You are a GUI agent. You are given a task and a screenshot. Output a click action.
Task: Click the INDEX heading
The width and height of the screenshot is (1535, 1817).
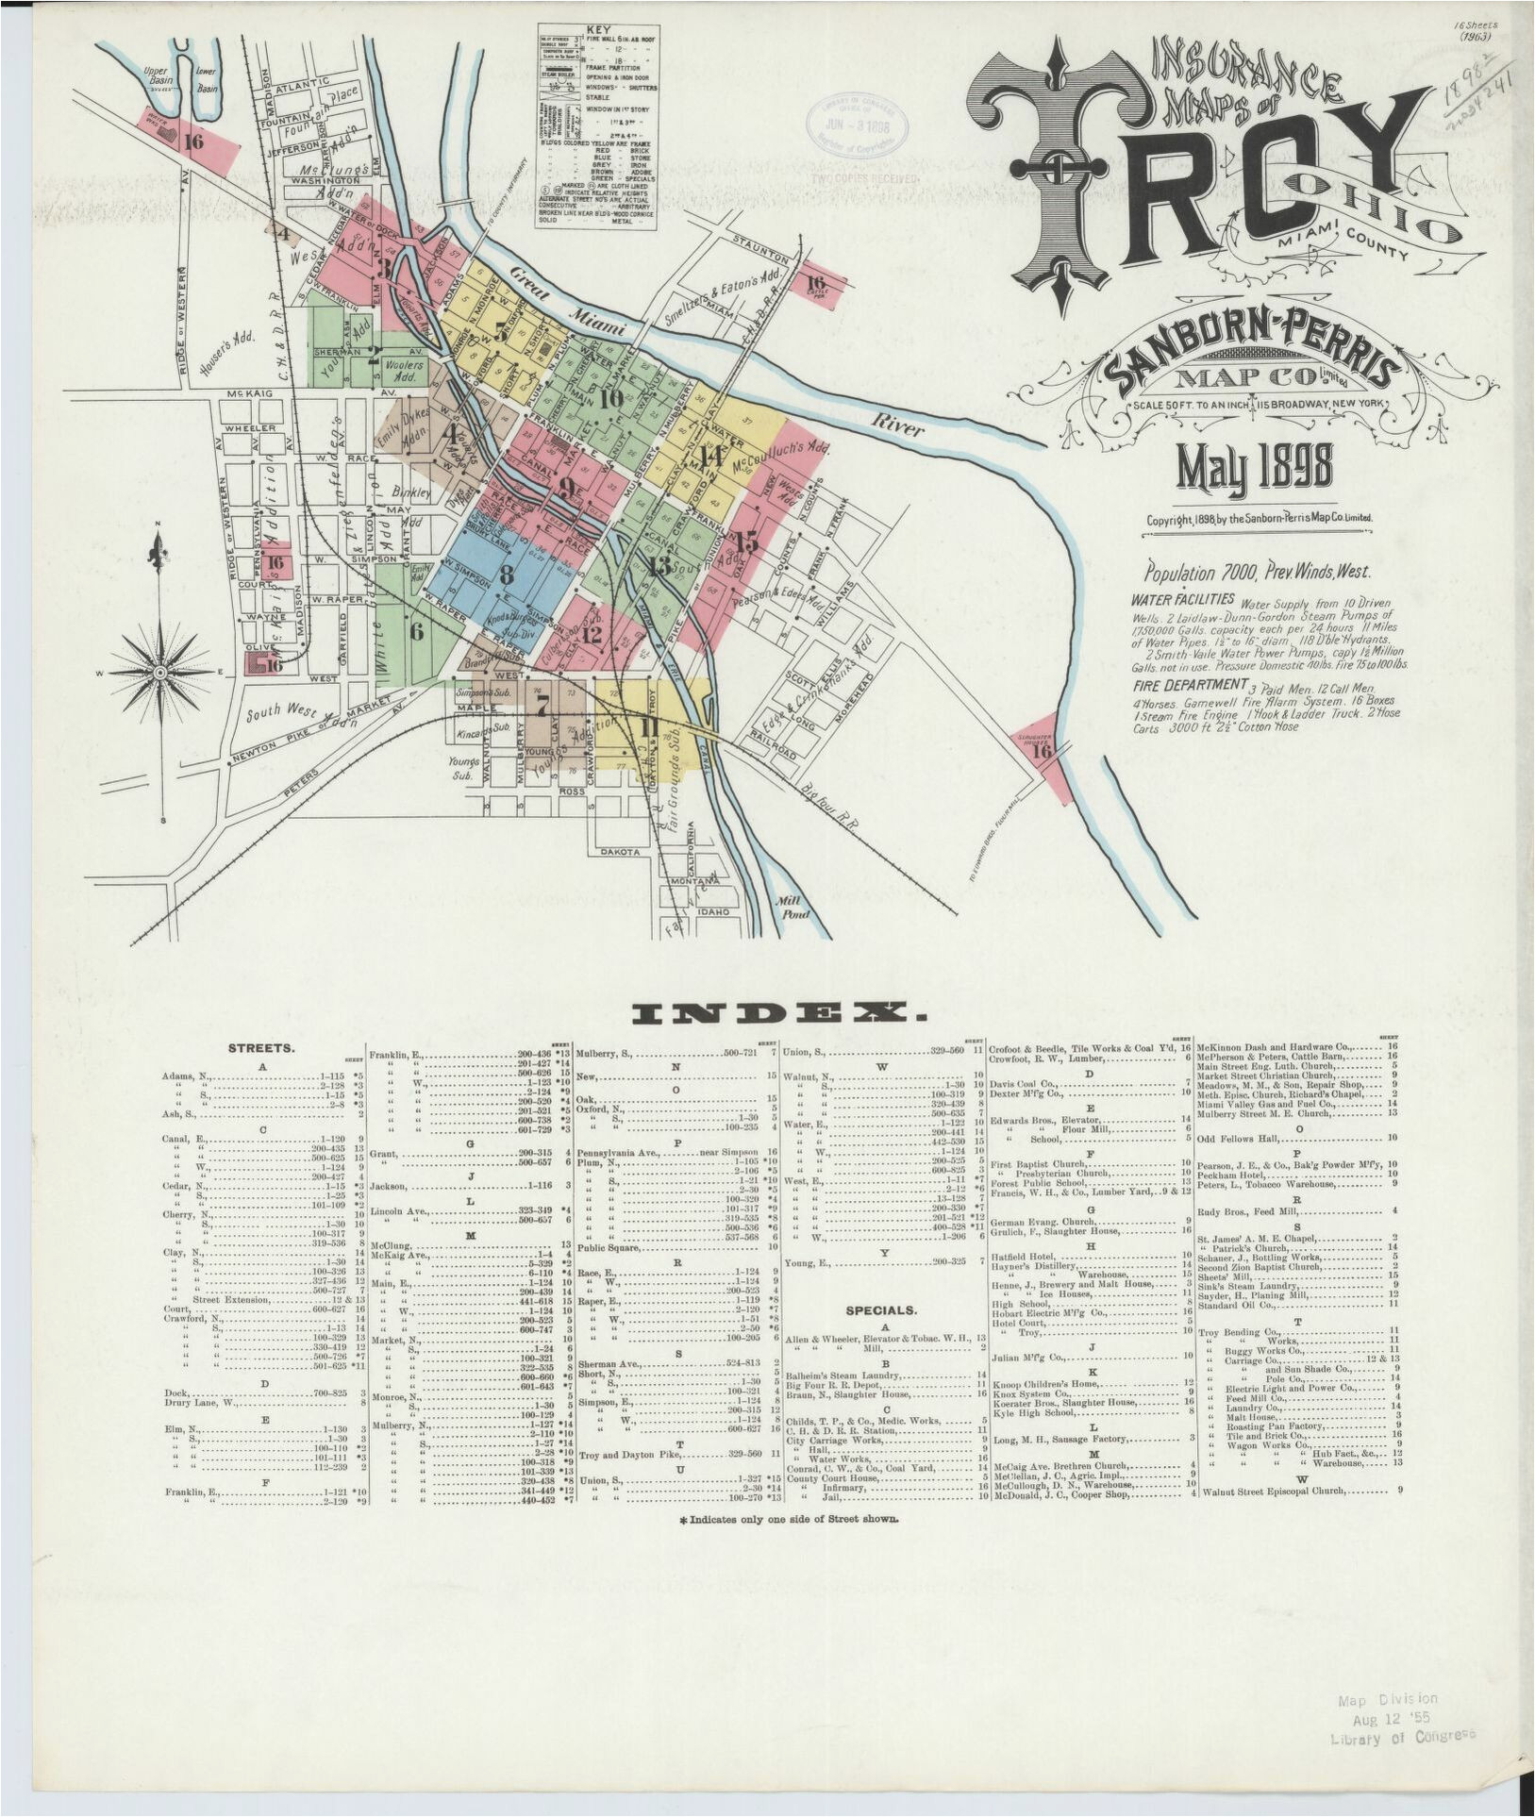[x=777, y=1014]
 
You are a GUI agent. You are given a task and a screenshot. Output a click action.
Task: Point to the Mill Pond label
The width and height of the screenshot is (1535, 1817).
[x=788, y=907]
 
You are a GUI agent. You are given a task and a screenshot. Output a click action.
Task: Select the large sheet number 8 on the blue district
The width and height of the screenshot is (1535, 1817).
[x=507, y=574]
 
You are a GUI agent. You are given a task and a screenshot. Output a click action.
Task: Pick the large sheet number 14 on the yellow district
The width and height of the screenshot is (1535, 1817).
[x=710, y=458]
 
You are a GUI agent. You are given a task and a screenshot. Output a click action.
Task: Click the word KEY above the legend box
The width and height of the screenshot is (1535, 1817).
[x=598, y=29]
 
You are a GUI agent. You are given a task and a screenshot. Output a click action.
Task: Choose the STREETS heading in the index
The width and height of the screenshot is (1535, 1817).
[x=261, y=1048]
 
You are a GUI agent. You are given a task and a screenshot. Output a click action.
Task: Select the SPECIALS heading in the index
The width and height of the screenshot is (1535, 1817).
[x=880, y=1310]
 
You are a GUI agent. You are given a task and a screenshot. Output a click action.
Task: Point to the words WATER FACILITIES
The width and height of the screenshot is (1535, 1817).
[x=1183, y=599]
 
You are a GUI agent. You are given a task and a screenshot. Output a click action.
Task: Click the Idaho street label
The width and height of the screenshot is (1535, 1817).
[x=712, y=912]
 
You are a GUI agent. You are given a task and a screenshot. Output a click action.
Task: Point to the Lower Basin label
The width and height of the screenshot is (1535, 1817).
[x=205, y=79]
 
